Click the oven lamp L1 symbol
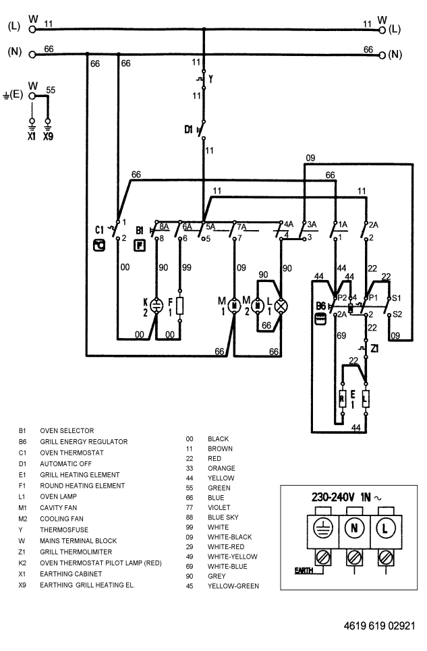(x=281, y=306)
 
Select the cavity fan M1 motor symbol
(x=234, y=306)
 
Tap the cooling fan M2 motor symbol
(x=258, y=306)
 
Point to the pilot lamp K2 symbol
(x=156, y=306)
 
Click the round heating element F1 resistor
(x=180, y=306)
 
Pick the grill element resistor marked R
(x=343, y=400)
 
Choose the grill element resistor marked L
(x=366, y=400)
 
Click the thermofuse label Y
(x=211, y=79)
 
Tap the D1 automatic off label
(x=188, y=130)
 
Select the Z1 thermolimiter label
(x=374, y=349)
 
